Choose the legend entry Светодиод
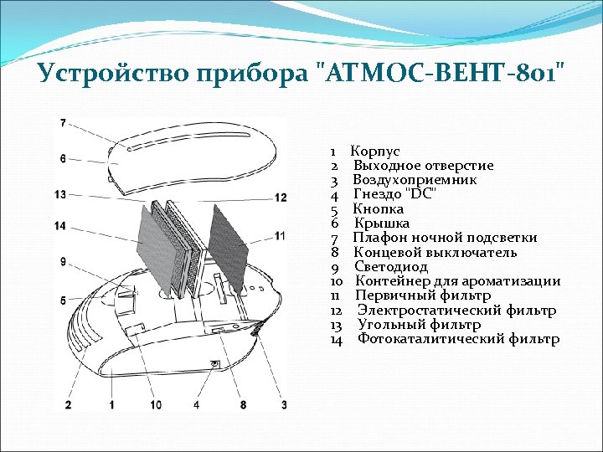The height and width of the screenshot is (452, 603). pos(391,267)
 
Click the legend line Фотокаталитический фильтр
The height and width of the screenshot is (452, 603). pos(459,338)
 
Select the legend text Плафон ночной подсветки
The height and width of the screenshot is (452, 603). pos(445,238)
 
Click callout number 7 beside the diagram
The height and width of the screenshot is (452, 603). pos(63,123)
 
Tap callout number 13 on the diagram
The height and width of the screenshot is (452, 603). pos(60,194)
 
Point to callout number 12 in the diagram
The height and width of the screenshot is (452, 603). pos(281,198)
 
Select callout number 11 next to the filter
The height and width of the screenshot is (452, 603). pos(280,236)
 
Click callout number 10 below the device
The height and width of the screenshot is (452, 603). pos(156,404)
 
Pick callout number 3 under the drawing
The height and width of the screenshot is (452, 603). pos(284,404)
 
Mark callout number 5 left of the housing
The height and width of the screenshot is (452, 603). pos(63,300)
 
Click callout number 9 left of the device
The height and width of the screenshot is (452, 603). pos(63,262)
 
